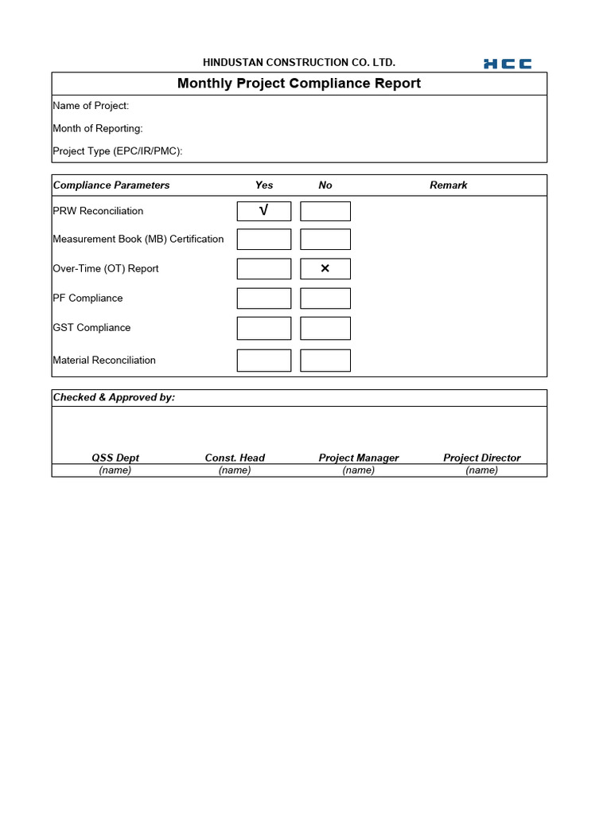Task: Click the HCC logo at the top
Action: pos(508,64)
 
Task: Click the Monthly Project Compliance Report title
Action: pos(299,84)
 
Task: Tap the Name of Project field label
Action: pos(91,106)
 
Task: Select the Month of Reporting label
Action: pos(98,128)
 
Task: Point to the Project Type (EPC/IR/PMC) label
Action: pos(118,151)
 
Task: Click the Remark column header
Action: pos(449,185)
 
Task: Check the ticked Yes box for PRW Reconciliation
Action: pos(264,211)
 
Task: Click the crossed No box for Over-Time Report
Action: pos(325,269)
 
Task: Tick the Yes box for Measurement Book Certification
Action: pos(264,240)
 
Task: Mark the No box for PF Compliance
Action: pos(325,298)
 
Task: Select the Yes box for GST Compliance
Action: pos(264,328)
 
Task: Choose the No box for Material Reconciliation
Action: pos(325,361)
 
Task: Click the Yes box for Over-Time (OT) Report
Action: pos(264,269)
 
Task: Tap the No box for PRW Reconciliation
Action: pos(325,211)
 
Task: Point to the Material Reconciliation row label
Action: pos(104,361)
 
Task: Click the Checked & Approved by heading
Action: pos(114,397)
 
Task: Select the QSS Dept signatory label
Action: pos(115,458)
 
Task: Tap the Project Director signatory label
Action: pos(482,458)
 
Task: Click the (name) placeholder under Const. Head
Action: pos(235,470)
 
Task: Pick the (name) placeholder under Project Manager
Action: pos(359,470)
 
